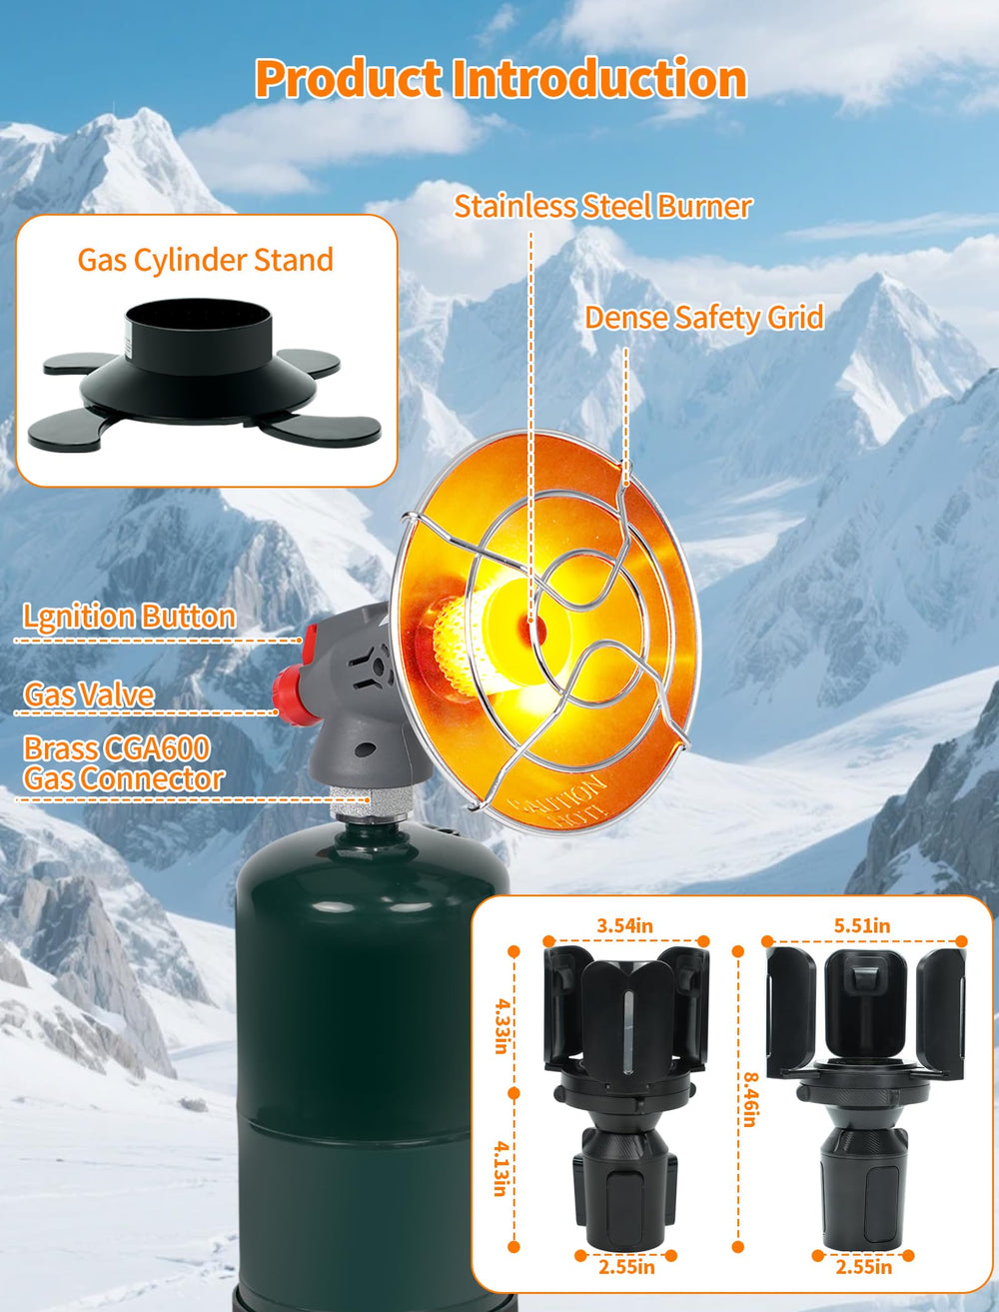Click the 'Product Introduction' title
500,78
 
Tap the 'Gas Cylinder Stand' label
206,260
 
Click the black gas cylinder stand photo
205,375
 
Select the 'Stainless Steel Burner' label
602,207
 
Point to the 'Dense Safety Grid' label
704,318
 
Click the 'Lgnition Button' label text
129,617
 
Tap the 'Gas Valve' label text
89,695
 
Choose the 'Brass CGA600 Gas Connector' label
124,763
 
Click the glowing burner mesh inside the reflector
462,648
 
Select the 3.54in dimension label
625,926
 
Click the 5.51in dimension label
862,926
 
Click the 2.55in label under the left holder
626,1267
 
